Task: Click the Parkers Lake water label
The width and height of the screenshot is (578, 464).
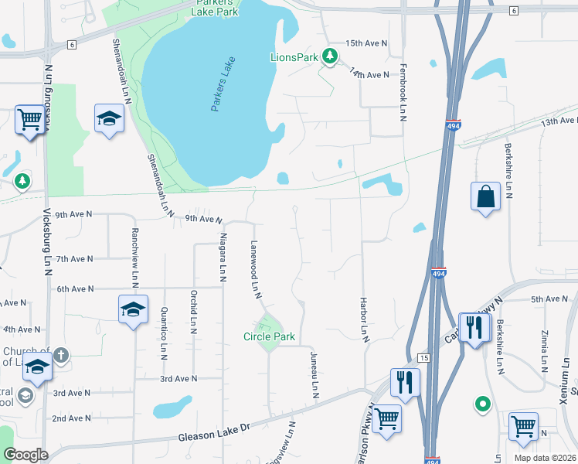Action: pos(223,85)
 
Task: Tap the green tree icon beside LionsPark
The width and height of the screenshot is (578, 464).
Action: pos(330,56)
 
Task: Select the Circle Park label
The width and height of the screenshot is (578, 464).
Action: pos(270,336)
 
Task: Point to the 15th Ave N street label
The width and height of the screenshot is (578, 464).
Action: pos(366,43)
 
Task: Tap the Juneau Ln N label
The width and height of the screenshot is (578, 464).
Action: pos(314,374)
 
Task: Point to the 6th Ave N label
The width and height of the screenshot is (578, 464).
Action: pos(74,288)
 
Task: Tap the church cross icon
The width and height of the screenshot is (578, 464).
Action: pos(61,355)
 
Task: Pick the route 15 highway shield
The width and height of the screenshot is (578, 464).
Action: pos(423,357)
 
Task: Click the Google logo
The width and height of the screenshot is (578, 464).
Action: pos(25,455)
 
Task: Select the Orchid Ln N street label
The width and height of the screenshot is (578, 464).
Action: pos(192,312)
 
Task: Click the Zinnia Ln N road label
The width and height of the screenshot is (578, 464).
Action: pos(545,351)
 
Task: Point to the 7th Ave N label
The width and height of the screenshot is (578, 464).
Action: pos(74,258)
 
